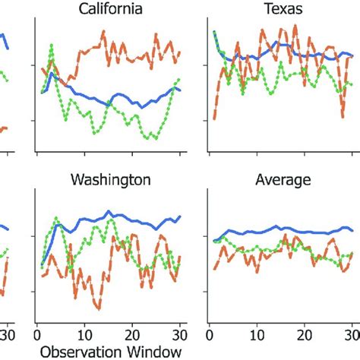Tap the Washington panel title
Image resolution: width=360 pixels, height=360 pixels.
point(110,180)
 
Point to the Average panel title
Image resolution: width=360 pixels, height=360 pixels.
point(283,180)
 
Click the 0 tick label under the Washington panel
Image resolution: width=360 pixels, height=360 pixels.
point(37,333)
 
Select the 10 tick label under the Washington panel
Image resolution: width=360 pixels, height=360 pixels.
point(85,333)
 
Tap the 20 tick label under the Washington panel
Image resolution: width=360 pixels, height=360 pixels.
point(133,333)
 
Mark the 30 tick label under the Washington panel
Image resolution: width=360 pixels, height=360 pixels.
point(180,333)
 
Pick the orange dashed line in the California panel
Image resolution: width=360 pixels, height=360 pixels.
point(114,42)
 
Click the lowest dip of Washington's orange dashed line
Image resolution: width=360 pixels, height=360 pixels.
point(99,308)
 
